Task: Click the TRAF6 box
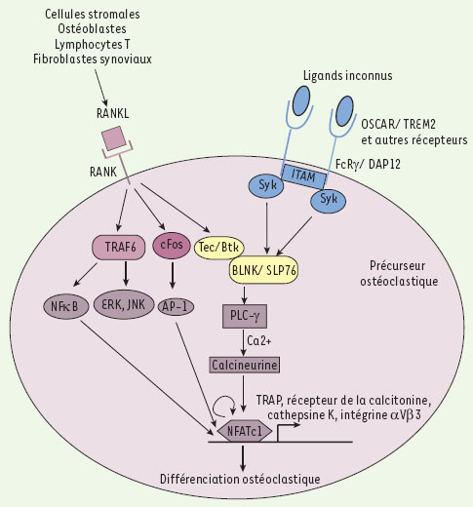119,248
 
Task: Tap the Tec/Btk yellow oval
218,248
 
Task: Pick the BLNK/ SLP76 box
264,270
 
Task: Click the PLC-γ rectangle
245,316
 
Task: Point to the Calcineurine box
244,365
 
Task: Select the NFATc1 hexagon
245,431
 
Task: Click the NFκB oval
65,306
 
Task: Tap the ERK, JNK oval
124,304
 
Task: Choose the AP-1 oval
176,306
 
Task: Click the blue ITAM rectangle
303,176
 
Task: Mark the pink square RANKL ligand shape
114,138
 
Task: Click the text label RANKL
112,113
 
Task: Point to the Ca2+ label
259,341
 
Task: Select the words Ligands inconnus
347,76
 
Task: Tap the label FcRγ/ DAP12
368,164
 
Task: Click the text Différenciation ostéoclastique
240,479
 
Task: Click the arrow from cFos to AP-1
173,275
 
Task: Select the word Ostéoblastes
92,29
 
